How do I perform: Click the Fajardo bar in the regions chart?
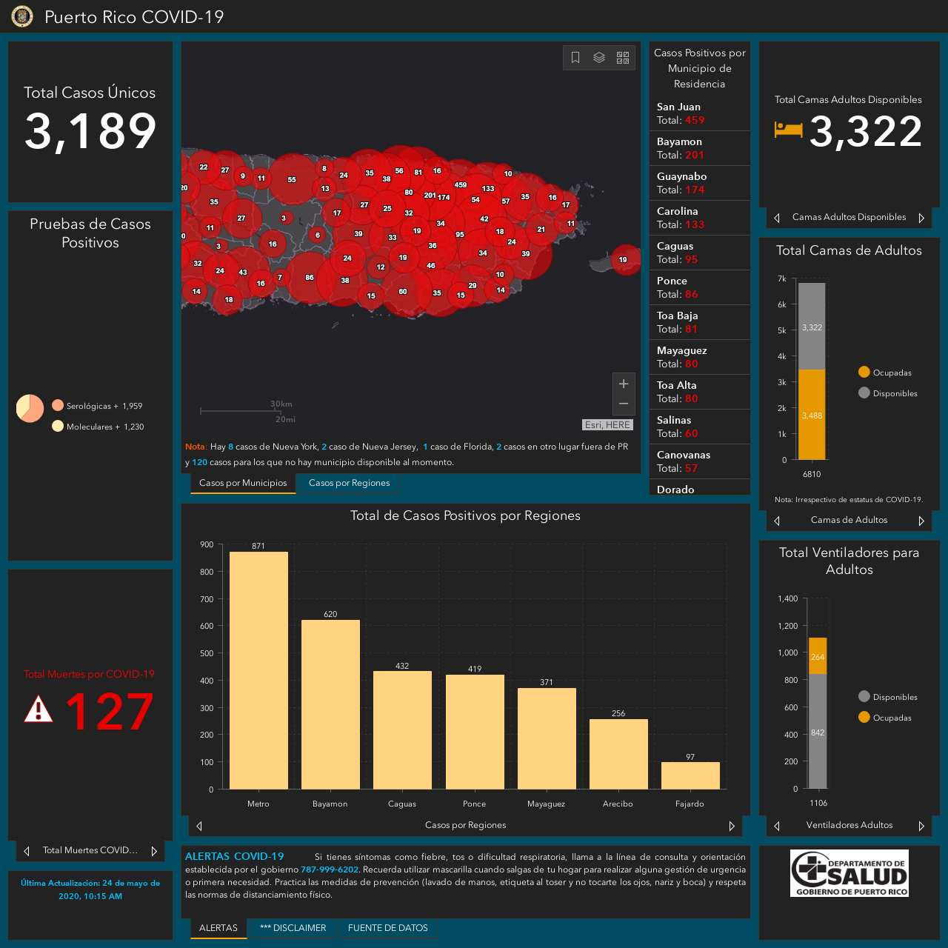[690, 775]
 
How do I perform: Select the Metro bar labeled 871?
[258, 670]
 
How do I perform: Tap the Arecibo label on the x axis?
[618, 804]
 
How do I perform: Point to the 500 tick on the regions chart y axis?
[207, 653]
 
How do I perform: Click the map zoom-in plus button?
[624, 384]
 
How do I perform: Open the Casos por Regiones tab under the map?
[350, 483]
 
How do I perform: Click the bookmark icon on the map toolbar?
[575, 58]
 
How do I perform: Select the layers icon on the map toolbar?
[598, 58]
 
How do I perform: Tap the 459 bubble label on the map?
[461, 185]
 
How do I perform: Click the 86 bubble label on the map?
[310, 278]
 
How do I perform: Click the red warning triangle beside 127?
[39, 709]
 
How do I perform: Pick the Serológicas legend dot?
[58, 405]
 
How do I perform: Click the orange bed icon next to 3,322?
[788, 130]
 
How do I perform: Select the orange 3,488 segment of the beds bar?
[812, 415]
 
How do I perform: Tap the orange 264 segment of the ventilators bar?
[818, 655]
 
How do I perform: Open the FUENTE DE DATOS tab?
[387, 928]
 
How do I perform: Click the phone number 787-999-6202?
[330, 869]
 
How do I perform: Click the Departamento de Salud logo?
[849, 873]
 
